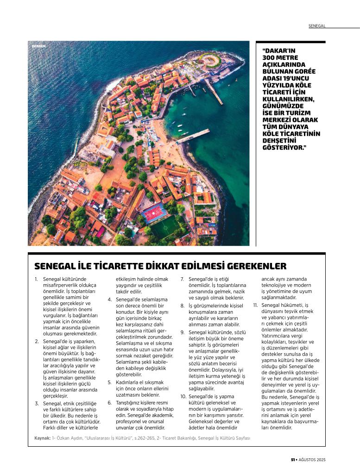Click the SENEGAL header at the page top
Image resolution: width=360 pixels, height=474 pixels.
tap(317, 26)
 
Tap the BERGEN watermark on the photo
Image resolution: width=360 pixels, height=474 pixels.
tap(39, 46)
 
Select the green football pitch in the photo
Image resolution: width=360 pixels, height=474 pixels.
tap(165, 227)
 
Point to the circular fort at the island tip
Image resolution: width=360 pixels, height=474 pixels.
tap(210, 61)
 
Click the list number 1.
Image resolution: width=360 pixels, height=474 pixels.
tap(36, 280)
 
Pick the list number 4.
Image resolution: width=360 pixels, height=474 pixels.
tap(110, 299)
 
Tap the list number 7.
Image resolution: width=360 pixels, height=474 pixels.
tap(183, 280)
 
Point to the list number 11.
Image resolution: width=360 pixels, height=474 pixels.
tap(255, 306)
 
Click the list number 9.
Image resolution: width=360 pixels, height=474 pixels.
tap(183, 332)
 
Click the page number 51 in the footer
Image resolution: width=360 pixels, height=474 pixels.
tap(293, 460)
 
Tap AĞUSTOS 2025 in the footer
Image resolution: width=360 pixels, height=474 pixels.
tap(315, 460)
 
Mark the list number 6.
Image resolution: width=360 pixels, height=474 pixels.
tap(110, 403)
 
